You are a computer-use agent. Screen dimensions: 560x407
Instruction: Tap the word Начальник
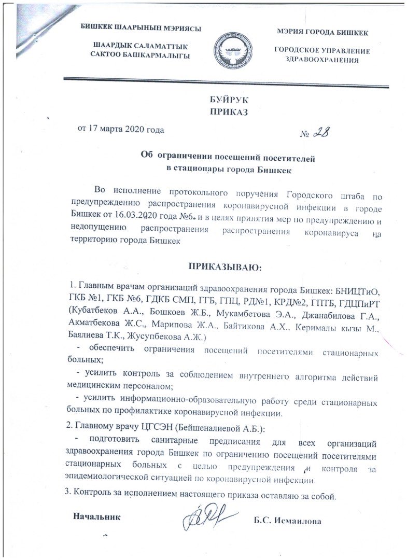point(96,516)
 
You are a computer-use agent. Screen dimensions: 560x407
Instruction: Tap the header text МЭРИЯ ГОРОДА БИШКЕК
point(322,33)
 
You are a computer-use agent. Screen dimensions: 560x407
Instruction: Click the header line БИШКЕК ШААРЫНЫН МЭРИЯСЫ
point(140,27)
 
